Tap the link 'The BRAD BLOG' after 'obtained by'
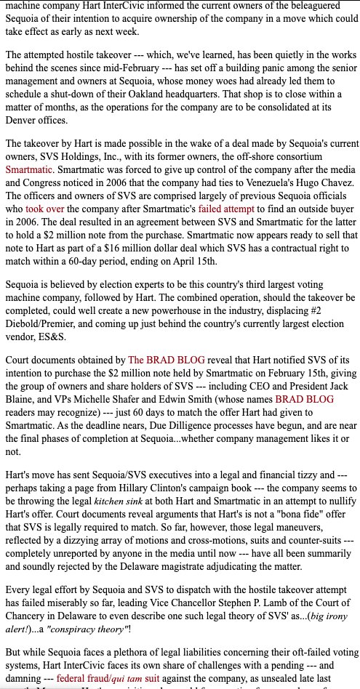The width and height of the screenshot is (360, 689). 167,358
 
